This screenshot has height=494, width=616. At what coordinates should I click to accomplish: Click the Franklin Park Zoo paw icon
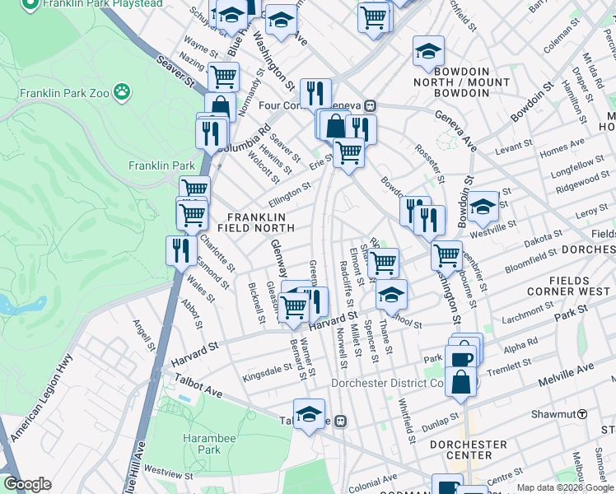tap(122, 90)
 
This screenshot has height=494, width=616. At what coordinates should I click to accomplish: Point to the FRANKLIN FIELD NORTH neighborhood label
tap(257, 221)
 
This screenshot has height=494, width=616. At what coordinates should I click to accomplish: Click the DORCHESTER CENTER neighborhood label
tap(469, 450)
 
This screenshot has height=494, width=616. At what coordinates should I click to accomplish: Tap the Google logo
tap(27, 484)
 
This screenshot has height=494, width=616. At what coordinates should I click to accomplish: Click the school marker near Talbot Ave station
tap(309, 414)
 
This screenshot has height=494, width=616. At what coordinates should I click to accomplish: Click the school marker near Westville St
tap(483, 205)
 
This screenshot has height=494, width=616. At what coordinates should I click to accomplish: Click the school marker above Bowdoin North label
tap(428, 51)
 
